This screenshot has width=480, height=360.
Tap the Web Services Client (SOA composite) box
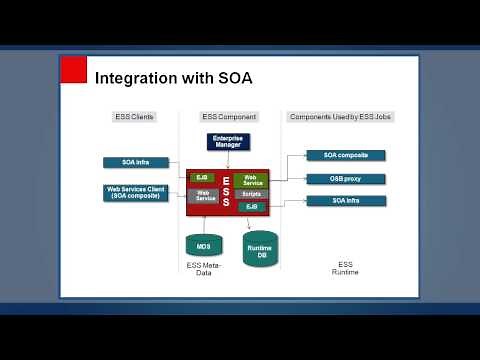click(x=136, y=192)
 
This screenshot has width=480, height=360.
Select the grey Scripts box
click(x=252, y=194)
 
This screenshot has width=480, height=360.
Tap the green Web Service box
click(x=252, y=180)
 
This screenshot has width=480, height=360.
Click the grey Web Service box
click(x=204, y=196)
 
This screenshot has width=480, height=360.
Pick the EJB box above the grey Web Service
click(x=202, y=178)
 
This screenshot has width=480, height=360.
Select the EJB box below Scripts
click(x=252, y=206)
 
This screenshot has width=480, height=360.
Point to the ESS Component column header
click(x=230, y=117)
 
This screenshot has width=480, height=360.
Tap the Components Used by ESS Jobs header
click(x=340, y=117)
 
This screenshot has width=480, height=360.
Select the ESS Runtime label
click(x=344, y=269)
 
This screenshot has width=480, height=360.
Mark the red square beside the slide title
click(x=73, y=70)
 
